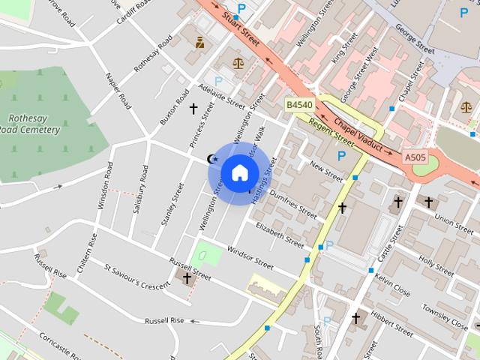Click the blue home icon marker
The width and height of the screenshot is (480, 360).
(239, 172)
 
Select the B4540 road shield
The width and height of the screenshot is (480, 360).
(299, 106)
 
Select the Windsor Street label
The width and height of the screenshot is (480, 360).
(250, 257)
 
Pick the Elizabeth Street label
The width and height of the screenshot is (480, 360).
(280, 234)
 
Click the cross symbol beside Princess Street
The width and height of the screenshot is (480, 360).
(193, 109)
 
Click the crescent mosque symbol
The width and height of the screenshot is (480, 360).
(212, 158)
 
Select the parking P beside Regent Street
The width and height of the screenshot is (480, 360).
(342, 156)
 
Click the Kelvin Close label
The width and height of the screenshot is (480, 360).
(391, 285)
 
